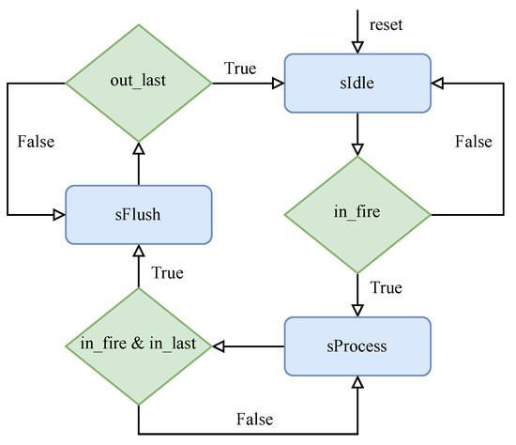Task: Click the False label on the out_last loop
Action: [35, 142]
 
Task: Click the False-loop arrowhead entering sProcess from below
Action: [356, 383]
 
